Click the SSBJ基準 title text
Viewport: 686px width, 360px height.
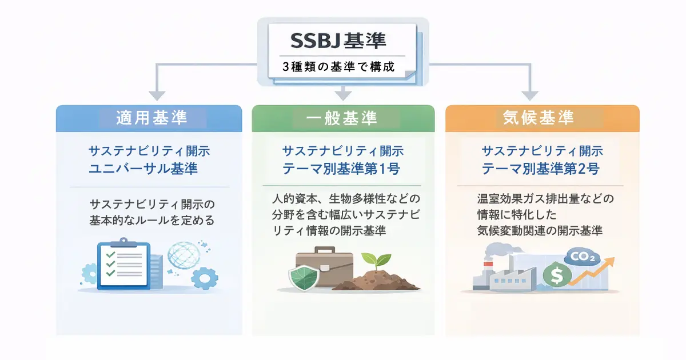[x=338, y=40]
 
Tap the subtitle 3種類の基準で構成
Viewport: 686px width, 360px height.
[x=338, y=66]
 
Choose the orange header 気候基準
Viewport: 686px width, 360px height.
[x=538, y=118]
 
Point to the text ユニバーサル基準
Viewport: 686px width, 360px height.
[x=149, y=169]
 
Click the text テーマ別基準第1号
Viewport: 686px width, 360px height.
[x=342, y=169]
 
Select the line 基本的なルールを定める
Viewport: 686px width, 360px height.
[x=150, y=220]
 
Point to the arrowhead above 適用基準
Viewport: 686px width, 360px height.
[x=156, y=95]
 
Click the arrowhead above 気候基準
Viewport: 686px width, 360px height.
[x=530, y=95]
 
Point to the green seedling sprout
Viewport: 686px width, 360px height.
[x=378, y=263]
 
